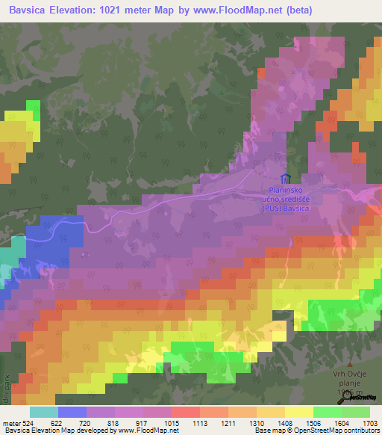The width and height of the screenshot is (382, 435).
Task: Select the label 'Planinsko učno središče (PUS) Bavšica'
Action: (285, 200)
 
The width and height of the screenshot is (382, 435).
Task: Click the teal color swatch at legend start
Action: (44, 412)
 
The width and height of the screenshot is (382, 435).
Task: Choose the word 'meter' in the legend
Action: (10, 422)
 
